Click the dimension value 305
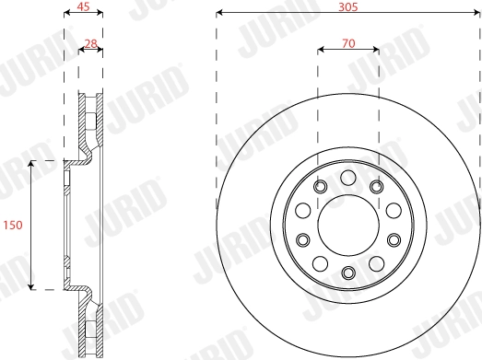tap(347, 6)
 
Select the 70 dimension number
tap(347, 42)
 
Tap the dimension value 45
tap(83, 6)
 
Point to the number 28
tap(90, 42)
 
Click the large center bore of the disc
tap(347, 225)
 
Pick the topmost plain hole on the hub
tap(347, 178)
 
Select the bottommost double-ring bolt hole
tap(347, 272)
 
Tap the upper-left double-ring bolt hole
tap(319, 188)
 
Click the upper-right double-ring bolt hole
tap(376, 188)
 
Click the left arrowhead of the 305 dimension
tap(219, 13)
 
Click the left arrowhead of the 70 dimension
tap(321, 50)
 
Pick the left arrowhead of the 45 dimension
tap(66, 14)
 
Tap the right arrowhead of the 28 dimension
tap(100, 50)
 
